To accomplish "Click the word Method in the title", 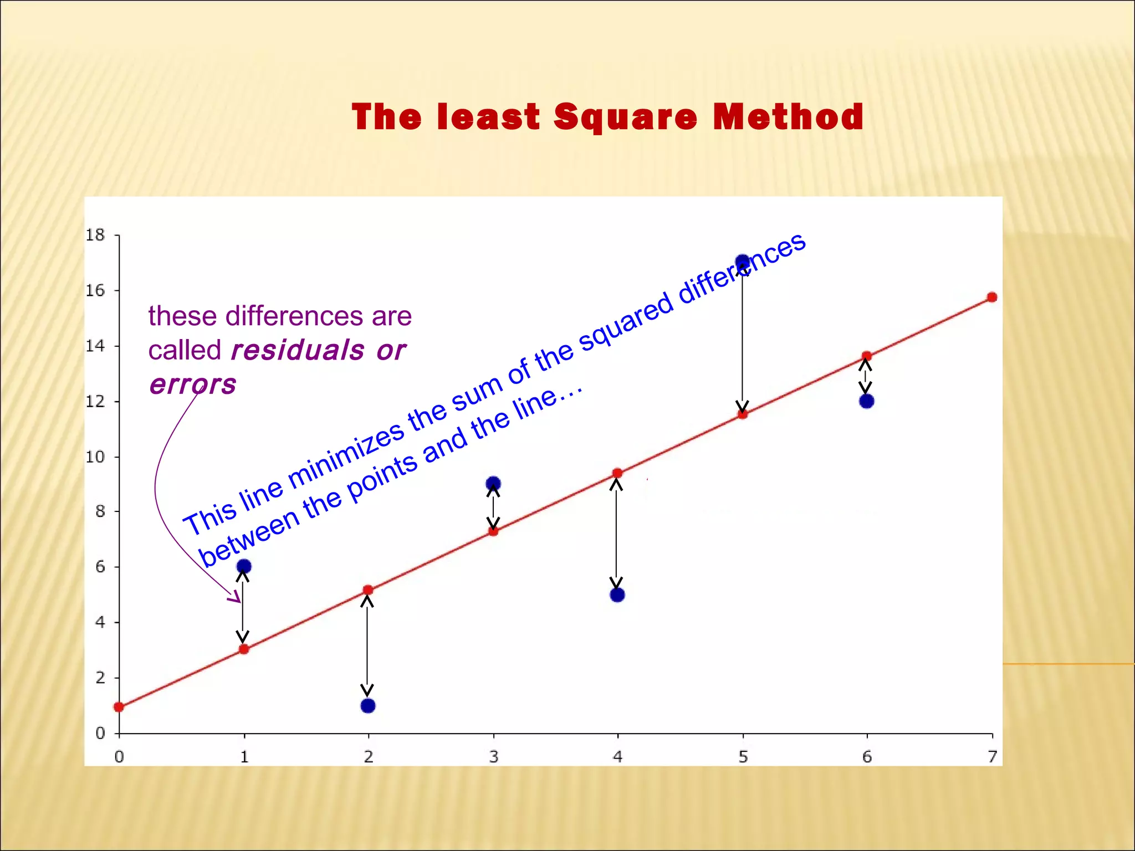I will pos(788,117).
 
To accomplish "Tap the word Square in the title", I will pos(625,117).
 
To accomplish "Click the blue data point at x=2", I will pos(368,706).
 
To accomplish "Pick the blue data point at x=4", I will pos(617,595).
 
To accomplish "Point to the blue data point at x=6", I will pos(867,401).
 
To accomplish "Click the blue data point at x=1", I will pos(244,566).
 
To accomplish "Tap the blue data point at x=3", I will pos(493,484).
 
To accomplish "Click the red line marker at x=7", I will pos(992,298).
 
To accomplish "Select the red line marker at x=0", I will pos(119,707).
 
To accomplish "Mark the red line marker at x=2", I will pos(368,590).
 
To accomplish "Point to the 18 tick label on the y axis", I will pos(95,235).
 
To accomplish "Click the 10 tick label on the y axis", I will pos(95,457).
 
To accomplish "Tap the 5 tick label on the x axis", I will pos(743,757).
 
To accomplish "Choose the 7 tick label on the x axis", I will pos(992,757).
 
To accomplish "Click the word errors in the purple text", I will pos(193,384).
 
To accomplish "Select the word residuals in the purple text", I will pos(298,350).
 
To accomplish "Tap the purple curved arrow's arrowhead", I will pos(237,598).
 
